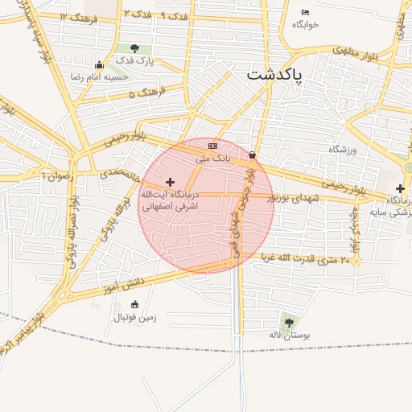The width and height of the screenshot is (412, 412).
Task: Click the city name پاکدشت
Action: [274, 75]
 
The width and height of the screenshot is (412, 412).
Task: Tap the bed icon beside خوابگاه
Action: [305, 12]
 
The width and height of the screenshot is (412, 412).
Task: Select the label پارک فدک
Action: [134, 61]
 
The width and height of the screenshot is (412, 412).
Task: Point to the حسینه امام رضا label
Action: [98, 76]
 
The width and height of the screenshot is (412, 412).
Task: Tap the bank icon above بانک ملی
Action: [212, 146]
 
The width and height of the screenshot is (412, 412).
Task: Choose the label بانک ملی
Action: [214, 159]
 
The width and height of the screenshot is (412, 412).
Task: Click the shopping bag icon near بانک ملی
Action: [252, 154]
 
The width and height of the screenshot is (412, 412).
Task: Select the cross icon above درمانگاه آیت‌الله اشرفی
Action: [169, 183]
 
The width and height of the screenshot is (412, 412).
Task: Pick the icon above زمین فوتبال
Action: [134, 304]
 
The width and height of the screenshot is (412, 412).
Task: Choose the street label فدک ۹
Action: [173, 15]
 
